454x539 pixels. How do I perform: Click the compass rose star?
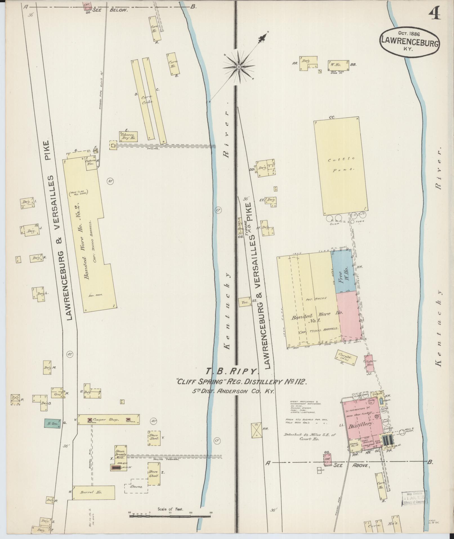(x=239, y=67)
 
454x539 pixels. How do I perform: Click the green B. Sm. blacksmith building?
(x=52, y=423)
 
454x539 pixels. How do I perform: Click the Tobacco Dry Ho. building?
(x=128, y=136)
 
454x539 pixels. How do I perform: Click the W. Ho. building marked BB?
(x=338, y=65)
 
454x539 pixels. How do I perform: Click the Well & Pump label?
(x=408, y=431)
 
